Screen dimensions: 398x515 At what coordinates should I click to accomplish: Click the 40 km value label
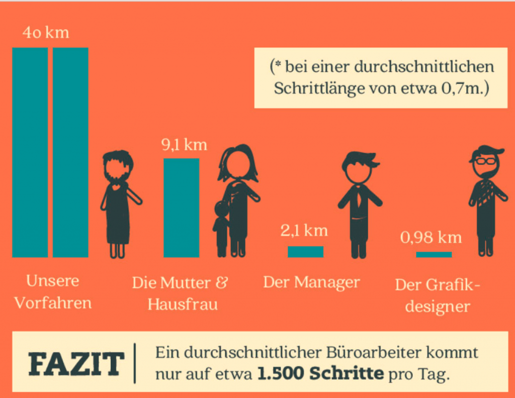pos(46,34)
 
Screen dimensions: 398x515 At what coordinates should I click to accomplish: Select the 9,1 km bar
pos(181,208)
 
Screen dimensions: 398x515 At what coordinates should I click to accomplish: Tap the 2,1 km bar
pos(305,252)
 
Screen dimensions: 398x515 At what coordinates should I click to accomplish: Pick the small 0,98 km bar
pos(434,255)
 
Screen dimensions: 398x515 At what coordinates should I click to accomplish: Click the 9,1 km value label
pos(184,145)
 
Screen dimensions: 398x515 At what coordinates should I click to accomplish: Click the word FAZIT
pos(76,364)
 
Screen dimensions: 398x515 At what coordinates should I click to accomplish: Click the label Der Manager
pos(311,282)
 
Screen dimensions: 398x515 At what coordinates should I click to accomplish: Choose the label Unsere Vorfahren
pos(53,292)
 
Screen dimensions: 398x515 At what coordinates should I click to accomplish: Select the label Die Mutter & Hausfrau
pos(180,293)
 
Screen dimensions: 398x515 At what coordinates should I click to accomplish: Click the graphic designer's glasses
pos(485,161)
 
